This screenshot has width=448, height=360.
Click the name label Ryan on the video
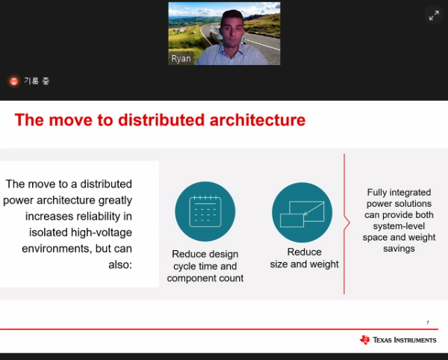tap(181, 59)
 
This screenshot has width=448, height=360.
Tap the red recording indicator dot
tap(13, 81)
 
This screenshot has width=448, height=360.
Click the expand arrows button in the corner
tap(434, 16)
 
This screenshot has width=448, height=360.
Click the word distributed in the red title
tap(161, 120)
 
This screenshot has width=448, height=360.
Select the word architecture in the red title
tap(258, 120)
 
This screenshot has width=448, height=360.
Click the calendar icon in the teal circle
tap(205, 211)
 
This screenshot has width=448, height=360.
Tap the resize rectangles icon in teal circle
tap(302, 214)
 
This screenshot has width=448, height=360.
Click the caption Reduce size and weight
tap(305, 258)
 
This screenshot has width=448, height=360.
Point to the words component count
tap(205, 278)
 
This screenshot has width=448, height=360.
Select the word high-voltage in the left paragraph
tap(102, 232)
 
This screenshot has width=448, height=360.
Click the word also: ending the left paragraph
tap(120, 265)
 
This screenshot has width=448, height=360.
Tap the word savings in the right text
tap(399, 249)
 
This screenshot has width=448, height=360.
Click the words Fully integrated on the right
tap(399, 192)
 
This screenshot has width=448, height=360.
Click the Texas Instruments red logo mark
tap(364, 340)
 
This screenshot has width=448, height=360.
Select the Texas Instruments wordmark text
tap(405, 340)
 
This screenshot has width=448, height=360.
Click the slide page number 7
tap(428, 323)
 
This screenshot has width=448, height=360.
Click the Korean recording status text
tap(37, 81)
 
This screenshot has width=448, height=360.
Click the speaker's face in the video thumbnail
tap(232, 29)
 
